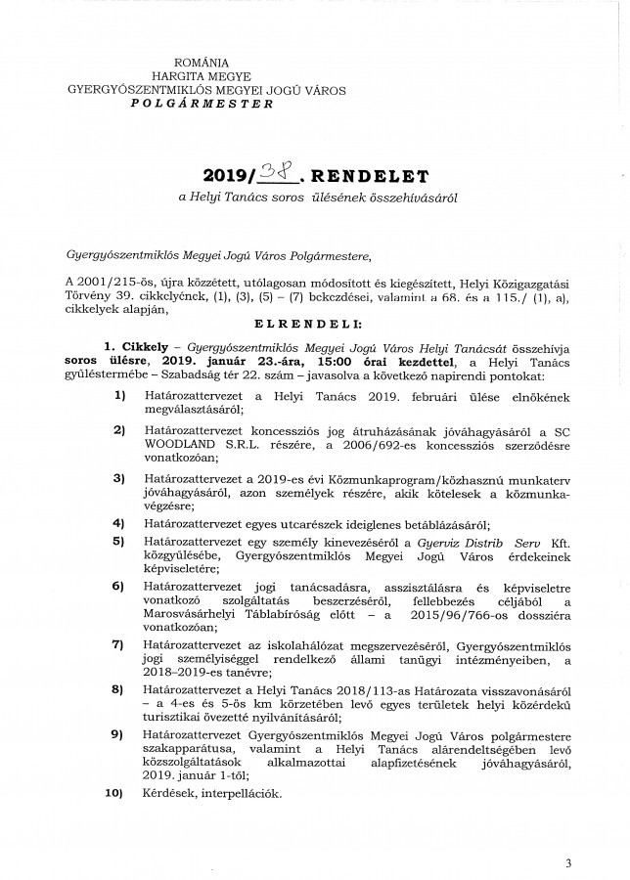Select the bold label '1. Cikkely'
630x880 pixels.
(x=137, y=345)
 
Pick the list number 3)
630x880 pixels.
(x=119, y=478)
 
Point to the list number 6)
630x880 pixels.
(x=119, y=586)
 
